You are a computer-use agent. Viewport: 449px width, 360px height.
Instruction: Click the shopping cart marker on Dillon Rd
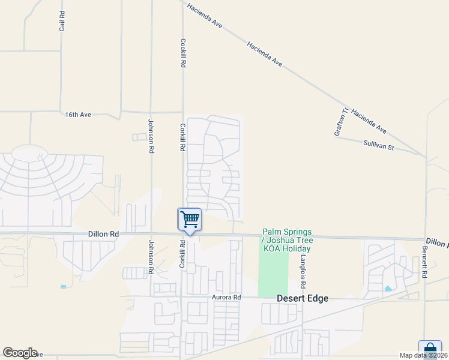click(190, 219)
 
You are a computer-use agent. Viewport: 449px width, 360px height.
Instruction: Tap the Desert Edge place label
click(303, 298)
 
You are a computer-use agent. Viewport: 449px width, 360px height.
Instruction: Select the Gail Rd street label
click(62, 21)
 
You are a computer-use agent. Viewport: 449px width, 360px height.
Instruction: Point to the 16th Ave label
click(77, 114)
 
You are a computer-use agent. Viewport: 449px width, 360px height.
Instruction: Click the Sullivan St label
click(378, 145)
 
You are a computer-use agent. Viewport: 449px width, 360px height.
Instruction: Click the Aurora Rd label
click(226, 297)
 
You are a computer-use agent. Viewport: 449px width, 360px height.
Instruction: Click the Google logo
click(20, 353)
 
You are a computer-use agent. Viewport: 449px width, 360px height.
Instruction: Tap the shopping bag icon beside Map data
click(430, 348)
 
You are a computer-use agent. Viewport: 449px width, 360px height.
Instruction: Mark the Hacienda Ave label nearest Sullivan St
click(369, 121)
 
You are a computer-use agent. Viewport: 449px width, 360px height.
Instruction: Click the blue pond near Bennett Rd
click(388, 289)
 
